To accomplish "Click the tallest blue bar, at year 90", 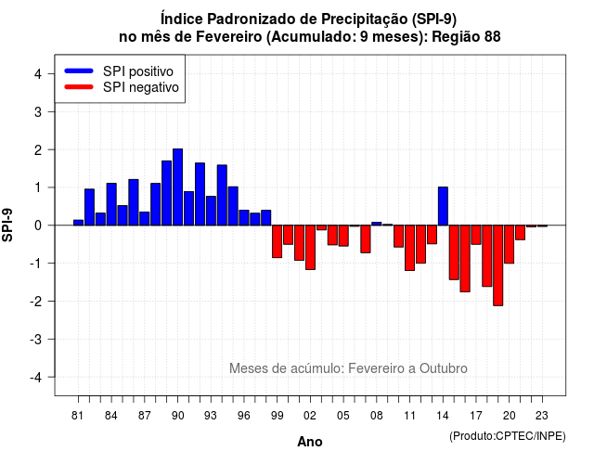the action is pyautogui.click(x=177, y=187).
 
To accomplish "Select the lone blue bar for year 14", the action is pyautogui.click(x=443, y=206).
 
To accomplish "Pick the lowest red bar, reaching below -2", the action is pyautogui.click(x=498, y=265).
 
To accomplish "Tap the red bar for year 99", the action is pyautogui.click(x=277, y=241).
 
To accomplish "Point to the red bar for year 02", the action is pyautogui.click(x=310, y=248).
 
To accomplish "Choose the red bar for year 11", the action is pyautogui.click(x=409, y=248).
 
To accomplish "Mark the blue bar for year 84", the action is pyautogui.click(x=111, y=204).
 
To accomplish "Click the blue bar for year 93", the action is pyautogui.click(x=211, y=211).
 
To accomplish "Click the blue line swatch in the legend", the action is pyautogui.click(x=79, y=71).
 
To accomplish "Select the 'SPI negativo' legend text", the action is pyautogui.click(x=141, y=87).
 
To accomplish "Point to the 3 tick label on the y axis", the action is pyautogui.click(x=38, y=111).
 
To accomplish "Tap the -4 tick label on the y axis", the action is pyautogui.click(x=36, y=378).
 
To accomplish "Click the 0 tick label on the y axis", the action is pyautogui.click(x=38, y=226).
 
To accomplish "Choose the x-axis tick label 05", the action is pyautogui.click(x=343, y=416).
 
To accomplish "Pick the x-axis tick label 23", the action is pyautogui.click(x=542, y=416).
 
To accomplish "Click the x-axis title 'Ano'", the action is pyautogui.click(x=310, y=442).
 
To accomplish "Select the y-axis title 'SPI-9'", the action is pyautogui.click(x=7, y=225).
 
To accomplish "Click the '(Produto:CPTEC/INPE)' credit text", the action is pyautogui.click(x=508, y=436).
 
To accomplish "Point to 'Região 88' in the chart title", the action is pyautogui.click(x=466, y=37).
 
